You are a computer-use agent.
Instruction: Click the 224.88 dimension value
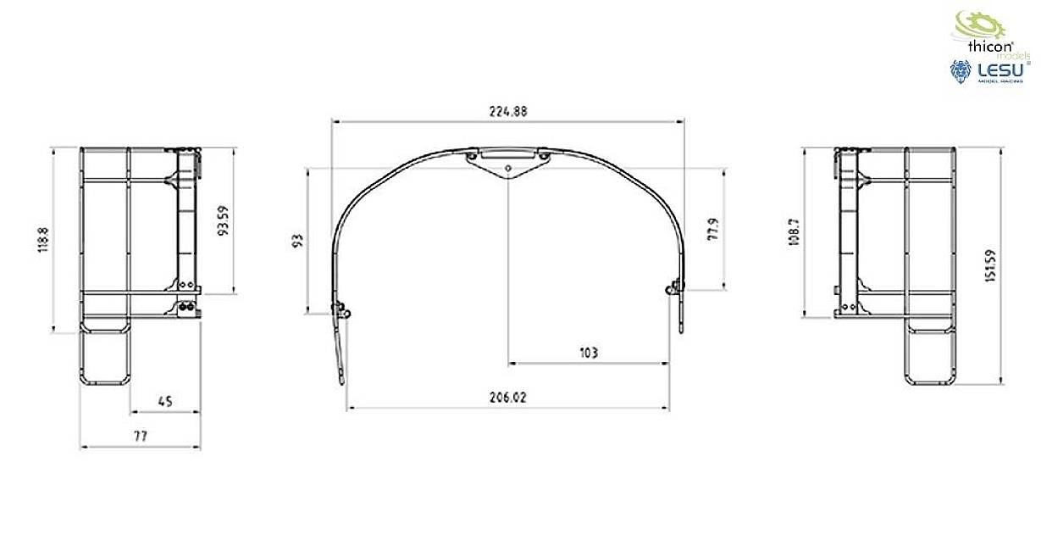(x=507, y=112)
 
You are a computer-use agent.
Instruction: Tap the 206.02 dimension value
(x=507, y=397)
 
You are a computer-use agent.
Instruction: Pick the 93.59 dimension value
(x=224, y=220)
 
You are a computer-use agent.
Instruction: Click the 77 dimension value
(x=140, y=436)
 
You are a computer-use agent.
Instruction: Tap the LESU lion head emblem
(x=961, y=71)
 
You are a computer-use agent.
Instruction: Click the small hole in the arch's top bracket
(x=507, y=168)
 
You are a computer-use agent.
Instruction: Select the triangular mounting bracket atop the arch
(x=507, y=162)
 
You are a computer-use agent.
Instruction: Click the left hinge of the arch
(x=341, y=310)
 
